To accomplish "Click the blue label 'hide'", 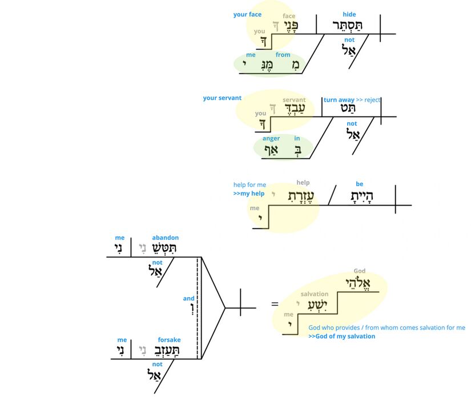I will point(349,14).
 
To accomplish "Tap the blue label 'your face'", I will point(247,14).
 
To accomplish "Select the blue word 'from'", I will point(283,55).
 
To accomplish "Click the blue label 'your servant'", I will point(222,98).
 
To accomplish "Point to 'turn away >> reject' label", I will point(352,100).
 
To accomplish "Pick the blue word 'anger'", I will point(271,138).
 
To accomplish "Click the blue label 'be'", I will point(359,184).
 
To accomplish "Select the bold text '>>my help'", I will point(249,194).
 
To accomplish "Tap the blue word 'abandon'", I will point(165,238).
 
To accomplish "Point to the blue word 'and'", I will point(188,298).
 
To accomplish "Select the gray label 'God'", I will point(360,271).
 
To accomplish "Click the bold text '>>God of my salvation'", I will point(342,336).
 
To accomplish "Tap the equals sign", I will point(275,304).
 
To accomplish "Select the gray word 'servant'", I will point(294,100).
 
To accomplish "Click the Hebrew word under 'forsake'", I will point(164,351).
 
